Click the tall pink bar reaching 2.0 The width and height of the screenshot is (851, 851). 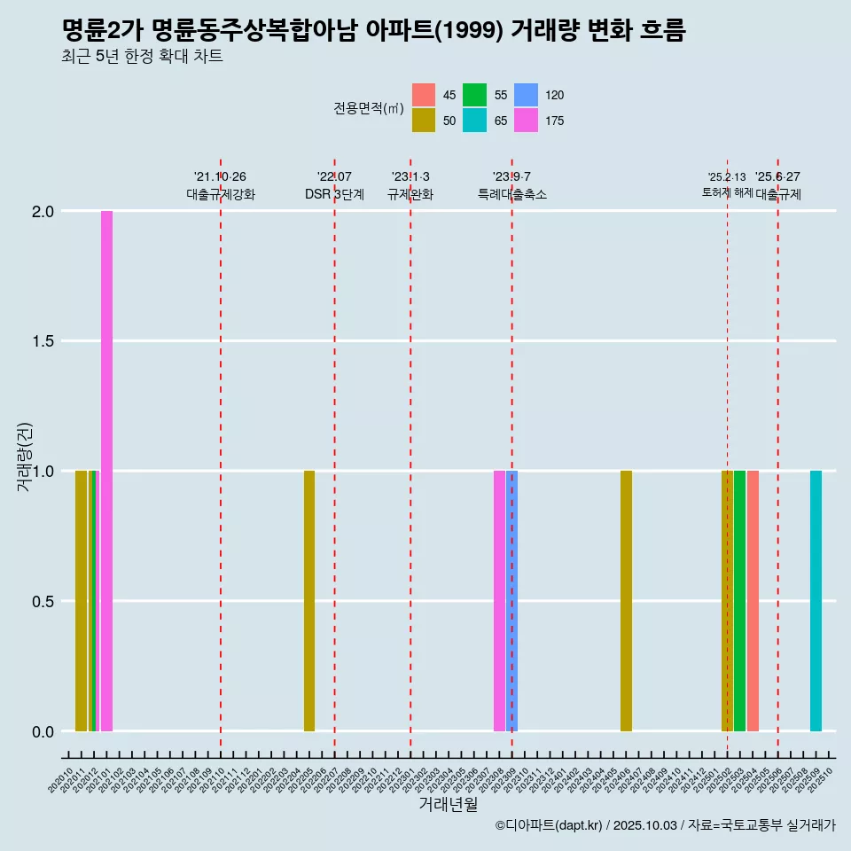106,470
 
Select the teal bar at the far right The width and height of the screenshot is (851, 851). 816,601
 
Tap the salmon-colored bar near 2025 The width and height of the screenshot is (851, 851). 753,601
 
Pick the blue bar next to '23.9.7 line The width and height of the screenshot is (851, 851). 512,601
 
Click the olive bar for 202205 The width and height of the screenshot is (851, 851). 309,601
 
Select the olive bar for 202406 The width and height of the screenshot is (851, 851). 626,601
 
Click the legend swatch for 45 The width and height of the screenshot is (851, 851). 424,95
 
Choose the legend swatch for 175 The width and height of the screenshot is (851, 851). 526,121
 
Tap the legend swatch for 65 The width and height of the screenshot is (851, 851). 474,121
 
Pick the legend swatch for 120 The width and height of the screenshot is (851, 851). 526,95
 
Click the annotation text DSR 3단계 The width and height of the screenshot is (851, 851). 334,195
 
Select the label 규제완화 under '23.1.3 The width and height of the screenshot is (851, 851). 410,195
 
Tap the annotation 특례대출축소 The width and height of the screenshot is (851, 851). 511,195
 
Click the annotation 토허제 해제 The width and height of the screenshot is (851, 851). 727,192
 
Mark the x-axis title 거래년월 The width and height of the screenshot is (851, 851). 448,804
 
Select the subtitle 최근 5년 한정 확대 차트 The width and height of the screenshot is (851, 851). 142,57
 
